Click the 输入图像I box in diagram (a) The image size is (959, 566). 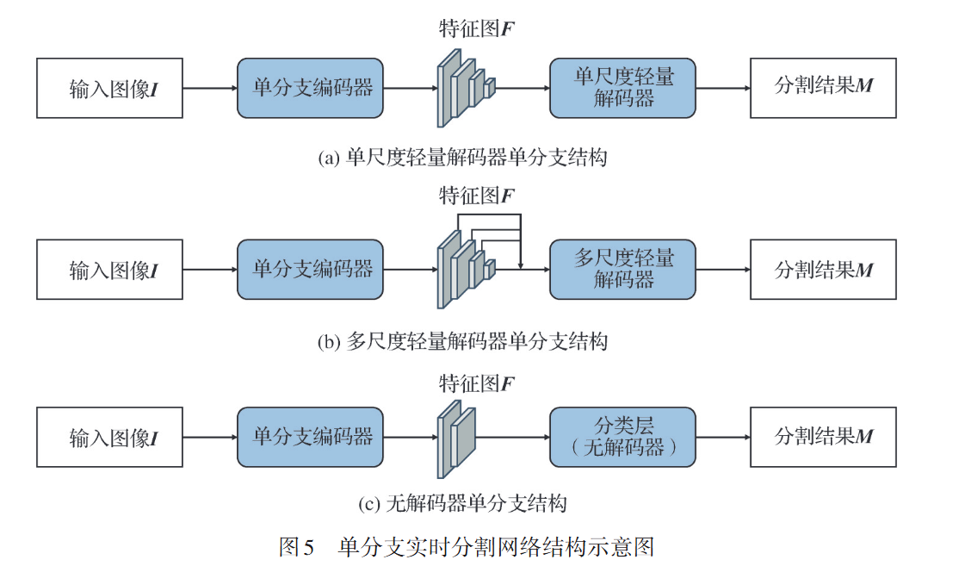[x=109, y=88]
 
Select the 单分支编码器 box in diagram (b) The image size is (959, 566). [x=311, y=270]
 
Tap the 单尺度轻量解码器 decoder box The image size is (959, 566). [x=622, y=88]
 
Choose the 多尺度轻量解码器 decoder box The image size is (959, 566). [x=622, y=270]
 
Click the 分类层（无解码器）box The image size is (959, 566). [x=622, y=437]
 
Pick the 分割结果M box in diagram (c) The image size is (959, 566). [x=823, y=437]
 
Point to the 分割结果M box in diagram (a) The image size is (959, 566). [x=823, y=88]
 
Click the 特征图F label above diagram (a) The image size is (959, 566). [x=476, y=29]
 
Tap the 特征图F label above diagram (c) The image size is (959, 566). [x=476, y=383]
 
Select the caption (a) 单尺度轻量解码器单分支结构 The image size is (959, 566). [x=463, y=158]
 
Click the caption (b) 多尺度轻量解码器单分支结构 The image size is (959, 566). [x=463, y=342]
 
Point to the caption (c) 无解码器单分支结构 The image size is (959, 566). [x=463, y=502]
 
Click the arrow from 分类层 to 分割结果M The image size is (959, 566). [x=722, y=437]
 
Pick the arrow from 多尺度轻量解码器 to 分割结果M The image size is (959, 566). [x=722, y=270]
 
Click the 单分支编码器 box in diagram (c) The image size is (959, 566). [x=311, y=437]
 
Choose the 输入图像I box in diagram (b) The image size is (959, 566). [x=109, y=270]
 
